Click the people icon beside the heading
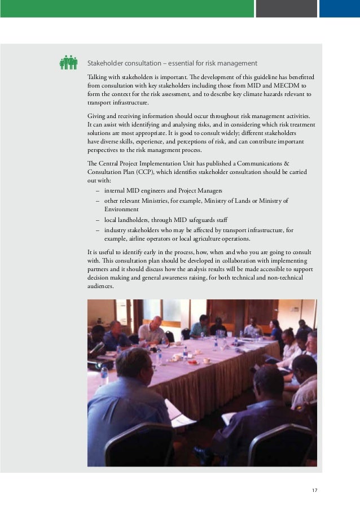pos(68,63)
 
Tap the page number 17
pos(314,490)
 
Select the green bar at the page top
pos(126,8)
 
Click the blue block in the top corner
pos(339,8)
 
